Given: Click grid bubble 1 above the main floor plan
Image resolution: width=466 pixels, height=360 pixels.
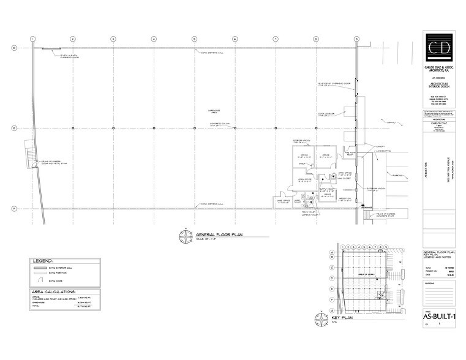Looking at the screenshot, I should [32, 39].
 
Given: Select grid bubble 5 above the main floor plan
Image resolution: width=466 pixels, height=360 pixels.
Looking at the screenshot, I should [194, 39].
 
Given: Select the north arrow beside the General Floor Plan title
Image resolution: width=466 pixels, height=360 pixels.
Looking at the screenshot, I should [183, 236].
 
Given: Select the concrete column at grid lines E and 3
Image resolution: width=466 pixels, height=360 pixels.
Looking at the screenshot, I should [113, 128].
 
